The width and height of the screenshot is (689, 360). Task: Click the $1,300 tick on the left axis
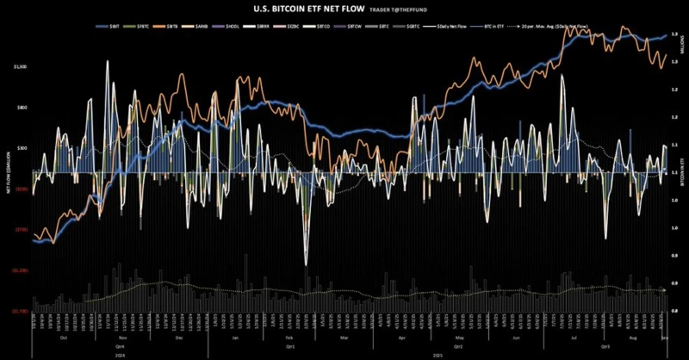coord(20,66)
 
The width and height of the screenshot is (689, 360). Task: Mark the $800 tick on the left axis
coord(22,108)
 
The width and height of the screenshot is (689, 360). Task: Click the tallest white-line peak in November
coord(107,61)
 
